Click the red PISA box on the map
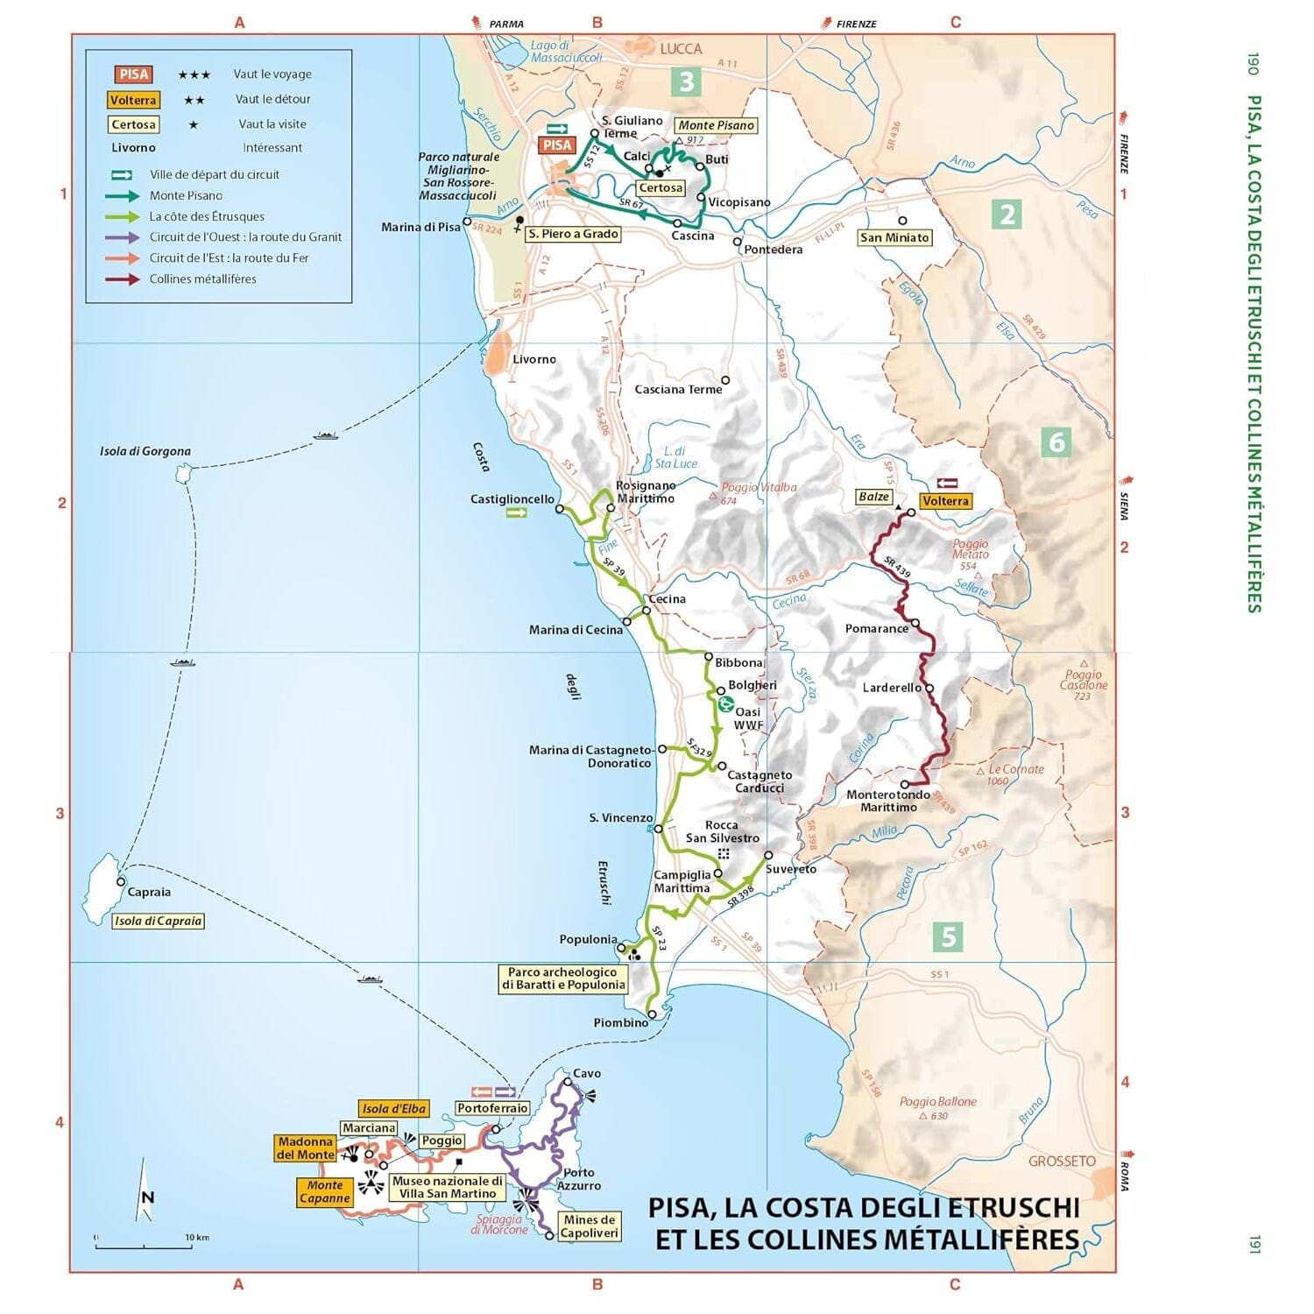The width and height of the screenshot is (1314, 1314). pyautogui.click(x=557, y=145)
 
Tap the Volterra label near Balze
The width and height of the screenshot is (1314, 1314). pyautogui.click(x=945, y=501)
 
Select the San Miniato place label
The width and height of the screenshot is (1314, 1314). pyautogui.click(x=894, y=237)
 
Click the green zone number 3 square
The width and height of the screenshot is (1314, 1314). pyautogui.click(x=687, y=81)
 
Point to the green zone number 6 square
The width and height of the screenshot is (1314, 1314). pyautogui.click(x=1056, y=442)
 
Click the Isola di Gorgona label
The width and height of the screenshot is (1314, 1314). pyautogui.click(x=145, y=452)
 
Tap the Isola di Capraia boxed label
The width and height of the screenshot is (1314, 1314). pyautogui.click(x=159, y=921)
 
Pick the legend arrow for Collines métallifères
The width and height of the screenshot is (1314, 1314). pyautogui.click(x=122, y=279)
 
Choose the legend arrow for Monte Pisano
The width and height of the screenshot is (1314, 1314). pyautogui.click(x=122, y=196)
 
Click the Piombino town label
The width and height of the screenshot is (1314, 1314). pyautogui.click(x=621, y=1022)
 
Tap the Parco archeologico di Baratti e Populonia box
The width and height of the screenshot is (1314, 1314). pyautogui.click(x=563, y=978)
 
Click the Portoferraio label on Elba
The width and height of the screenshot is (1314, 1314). pyautogui.click(x=492, y=1108)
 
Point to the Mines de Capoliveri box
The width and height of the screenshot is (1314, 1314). pyautogui.click(x=590, y=1226)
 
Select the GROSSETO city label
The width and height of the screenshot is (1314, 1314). pyautogui.click(x=1062, y=1161)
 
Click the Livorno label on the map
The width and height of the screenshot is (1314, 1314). pyautogui.click(x=534, y=359)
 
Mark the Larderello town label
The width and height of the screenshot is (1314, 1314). pyautogui.click(x=892, y=688)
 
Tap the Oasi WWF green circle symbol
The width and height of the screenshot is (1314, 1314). pyautogui.click(x=725, y=703)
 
